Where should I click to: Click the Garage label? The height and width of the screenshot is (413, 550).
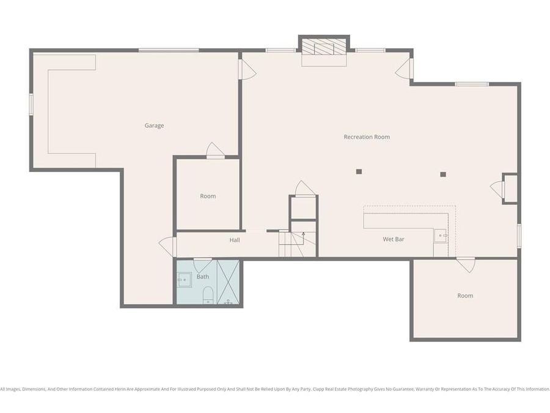154,125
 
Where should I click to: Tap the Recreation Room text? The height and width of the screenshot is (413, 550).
367,137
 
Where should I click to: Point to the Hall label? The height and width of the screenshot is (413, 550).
235,240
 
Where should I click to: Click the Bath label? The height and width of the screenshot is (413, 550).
202,277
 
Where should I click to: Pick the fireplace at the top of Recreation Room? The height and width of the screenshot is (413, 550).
323,48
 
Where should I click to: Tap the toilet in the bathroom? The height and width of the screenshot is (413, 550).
207,294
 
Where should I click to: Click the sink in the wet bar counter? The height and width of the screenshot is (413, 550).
441,235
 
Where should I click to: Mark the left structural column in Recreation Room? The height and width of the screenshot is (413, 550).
359,171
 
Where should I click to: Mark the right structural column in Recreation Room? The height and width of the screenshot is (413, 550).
443,174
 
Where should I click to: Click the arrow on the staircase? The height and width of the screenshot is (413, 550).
303,234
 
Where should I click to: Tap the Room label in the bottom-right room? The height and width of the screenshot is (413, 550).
465,296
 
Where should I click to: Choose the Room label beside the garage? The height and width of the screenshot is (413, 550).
208,196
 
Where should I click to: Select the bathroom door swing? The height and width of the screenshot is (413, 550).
202,265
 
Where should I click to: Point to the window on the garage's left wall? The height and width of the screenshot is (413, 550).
31,103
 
